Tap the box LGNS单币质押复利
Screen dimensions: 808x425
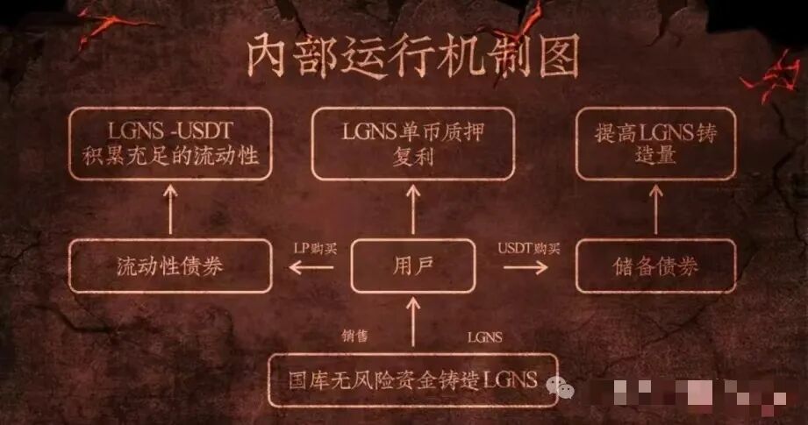click(x=411, y=145)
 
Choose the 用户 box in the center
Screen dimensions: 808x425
click(x=411, y=266)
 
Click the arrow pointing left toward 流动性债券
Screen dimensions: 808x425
click(x=311, y=268)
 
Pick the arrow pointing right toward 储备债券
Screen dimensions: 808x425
click(x=519, y=268)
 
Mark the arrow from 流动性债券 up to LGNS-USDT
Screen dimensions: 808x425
click(x=170, y=211)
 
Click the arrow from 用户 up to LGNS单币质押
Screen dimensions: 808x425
click(x=411, y=211)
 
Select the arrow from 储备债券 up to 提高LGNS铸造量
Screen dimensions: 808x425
click(x=653, y=211)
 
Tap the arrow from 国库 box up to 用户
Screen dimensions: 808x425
click(x=411, y=324)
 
